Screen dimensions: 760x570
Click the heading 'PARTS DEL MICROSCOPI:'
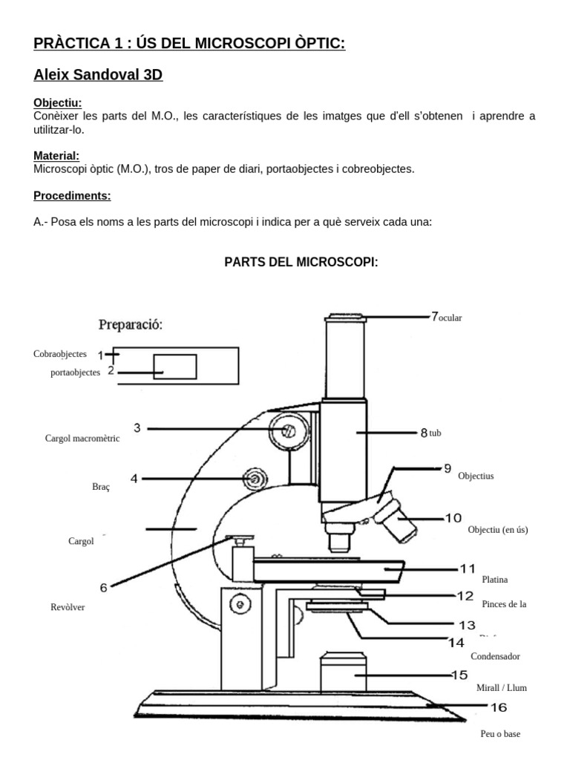point(301,262)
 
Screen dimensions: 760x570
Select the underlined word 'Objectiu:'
point(58,103)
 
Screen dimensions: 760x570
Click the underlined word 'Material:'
point(56,156)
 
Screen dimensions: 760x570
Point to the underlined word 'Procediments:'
point(72,196)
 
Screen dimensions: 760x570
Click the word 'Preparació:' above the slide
point(131,324)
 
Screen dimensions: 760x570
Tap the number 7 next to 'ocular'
point(434,316)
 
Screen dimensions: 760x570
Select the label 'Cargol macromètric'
point(82,439)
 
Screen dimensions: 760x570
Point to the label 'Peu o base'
point(500,734)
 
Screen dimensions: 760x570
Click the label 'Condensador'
point(495,656)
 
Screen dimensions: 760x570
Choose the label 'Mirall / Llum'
point(501,688)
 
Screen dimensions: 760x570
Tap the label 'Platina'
point(494,579)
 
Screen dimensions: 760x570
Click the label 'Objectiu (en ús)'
point(498,530)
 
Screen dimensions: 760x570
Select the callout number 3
point(137,427)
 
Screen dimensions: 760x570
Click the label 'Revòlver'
point(68,607)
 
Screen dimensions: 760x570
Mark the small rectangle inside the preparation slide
point(175,366)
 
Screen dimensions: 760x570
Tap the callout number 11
point(467,569)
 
